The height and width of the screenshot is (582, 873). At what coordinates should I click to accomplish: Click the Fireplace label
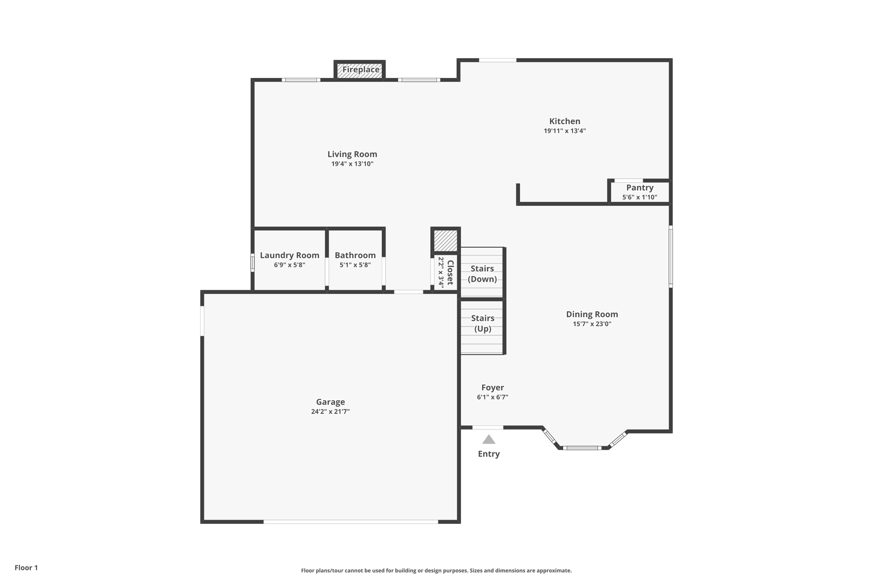tap(361, 69)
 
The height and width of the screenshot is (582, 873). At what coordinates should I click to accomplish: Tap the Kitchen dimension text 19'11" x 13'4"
tap(564, 131)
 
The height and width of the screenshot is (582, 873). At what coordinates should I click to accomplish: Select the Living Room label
tap(352, 154)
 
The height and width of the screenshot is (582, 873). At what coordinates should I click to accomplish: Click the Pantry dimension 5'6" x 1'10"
tap(639, 197)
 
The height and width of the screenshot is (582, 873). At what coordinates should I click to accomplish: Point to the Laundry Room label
tap(289, 255)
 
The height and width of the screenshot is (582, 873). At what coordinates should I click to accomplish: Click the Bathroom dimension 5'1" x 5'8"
tap(355, 265)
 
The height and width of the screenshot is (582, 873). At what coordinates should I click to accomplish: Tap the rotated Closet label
tap(450, 273)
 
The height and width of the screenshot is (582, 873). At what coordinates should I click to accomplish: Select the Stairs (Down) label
tap(482, 274)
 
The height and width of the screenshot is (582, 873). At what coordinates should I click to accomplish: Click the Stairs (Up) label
tap(483, 323)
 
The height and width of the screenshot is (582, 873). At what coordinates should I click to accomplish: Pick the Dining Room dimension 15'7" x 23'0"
tap(592, 324)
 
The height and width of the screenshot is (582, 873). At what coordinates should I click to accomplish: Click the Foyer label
tap(492, 387)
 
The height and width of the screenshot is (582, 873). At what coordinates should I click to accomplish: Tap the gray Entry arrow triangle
tap(489, 440)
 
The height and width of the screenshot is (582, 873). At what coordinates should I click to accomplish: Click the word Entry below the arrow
tap(489, 454)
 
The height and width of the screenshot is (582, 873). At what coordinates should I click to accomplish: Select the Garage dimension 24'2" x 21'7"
tap(330, 411)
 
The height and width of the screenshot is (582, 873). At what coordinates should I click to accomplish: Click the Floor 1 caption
tap(26, 568)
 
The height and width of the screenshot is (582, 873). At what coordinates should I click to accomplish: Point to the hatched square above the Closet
tap(445, 240)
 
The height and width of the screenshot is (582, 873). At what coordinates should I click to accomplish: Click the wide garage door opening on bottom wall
tap(350, 521)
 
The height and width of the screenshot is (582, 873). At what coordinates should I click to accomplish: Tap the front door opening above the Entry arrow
tap(487, 427)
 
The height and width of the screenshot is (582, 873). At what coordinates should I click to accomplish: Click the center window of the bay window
tap(582, 448)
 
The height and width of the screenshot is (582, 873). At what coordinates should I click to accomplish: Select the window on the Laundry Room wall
tap(252, 263)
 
